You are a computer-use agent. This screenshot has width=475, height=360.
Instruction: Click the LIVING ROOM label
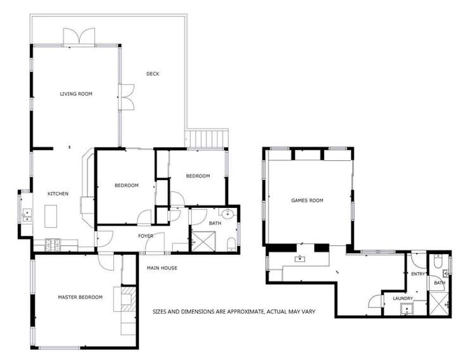(76, 94)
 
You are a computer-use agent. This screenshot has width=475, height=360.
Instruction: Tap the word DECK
(153, 74)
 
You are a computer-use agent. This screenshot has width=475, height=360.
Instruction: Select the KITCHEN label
(58, 194)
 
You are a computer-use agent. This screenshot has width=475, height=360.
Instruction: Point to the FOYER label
(146, 236)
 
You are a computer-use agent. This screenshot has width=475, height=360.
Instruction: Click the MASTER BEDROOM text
(80, 297)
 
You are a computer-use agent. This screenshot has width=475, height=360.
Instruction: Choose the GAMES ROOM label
(307, 200)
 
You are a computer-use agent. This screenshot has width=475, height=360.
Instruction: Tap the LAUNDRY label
(403, 298)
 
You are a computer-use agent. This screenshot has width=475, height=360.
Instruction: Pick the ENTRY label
(418, 274)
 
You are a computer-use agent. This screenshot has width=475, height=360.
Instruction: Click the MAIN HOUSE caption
(162, 268)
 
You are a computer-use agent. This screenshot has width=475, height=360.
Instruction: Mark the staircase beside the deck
(207, 138)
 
